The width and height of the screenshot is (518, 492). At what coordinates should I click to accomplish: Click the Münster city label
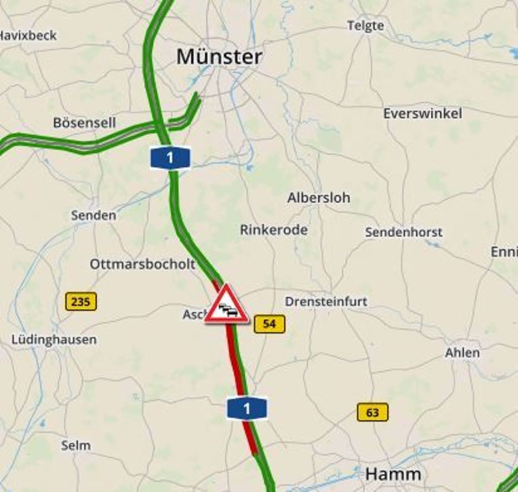click(x=219, y=57)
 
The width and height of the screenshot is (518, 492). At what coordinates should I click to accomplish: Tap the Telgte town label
click(x=365, y=26)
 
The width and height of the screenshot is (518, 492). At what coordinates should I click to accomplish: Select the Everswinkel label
click(x=422, y=113)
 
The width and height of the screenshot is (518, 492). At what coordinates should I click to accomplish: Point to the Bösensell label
click(x=84, y=123)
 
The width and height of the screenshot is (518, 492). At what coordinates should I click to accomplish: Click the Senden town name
click(x=94, y=215)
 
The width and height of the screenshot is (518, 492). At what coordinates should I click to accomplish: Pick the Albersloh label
click(x=319, y=198)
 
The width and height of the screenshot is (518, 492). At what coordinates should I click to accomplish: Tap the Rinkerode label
click(x=274, y=230)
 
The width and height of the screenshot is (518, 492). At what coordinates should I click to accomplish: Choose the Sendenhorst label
click(x=404, y=233)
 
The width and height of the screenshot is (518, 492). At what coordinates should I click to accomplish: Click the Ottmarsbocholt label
click(x=143, y=264)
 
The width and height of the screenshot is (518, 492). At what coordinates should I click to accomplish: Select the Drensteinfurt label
click(x=326, y=301)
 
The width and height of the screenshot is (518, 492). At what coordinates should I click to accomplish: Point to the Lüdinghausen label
click(x=54, y=339)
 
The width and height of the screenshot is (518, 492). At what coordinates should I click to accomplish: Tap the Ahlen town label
click(x=462, y=353)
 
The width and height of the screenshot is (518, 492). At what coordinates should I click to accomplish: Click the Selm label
click(x=76, y=446)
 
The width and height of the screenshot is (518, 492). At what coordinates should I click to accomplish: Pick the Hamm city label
click(x=393, y=474)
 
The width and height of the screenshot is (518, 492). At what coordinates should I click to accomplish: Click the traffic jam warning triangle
click(x=227, y=305)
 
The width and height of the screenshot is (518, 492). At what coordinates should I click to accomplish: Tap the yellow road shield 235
click(x=81, y=302)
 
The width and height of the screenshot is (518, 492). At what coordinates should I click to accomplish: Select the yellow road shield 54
click(x=270, y=324)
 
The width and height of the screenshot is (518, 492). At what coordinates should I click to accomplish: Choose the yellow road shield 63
click(x=373, y=412)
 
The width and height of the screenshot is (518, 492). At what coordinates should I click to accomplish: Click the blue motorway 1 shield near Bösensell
click(x=170, y=158)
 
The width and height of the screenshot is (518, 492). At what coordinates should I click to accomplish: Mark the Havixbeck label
click(x=28, y=35)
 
